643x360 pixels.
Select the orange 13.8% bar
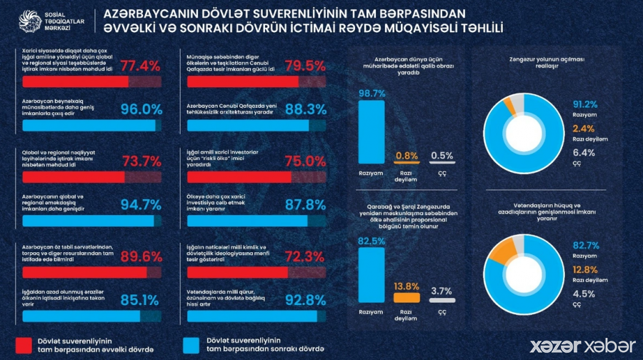[x=406, y=297]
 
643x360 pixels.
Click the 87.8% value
[x=306, y=207]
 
